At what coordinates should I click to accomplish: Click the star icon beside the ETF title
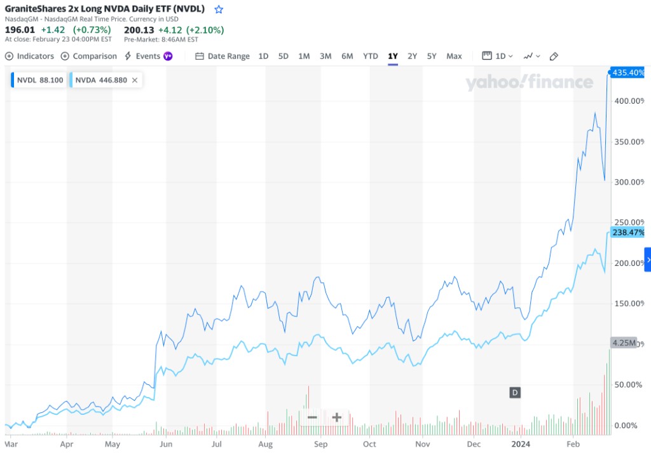point(219,10)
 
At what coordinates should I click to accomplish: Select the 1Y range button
point(393,56)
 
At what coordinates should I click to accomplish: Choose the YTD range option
point(371,56)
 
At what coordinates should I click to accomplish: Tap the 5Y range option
point(432,56)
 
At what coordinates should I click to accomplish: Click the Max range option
point(454,56)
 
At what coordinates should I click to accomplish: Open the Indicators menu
point(30,56)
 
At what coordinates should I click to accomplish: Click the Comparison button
point(89,56)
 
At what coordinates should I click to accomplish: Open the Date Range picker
point(223,56)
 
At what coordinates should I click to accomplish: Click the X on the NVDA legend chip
point(135,80)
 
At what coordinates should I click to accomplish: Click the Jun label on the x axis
point(165,444)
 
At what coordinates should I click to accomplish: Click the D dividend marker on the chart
point(515,393)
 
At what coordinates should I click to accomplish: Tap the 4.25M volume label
point(624,342)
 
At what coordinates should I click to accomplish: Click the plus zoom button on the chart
point(336,417)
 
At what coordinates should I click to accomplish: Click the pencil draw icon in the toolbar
point(554,56)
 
